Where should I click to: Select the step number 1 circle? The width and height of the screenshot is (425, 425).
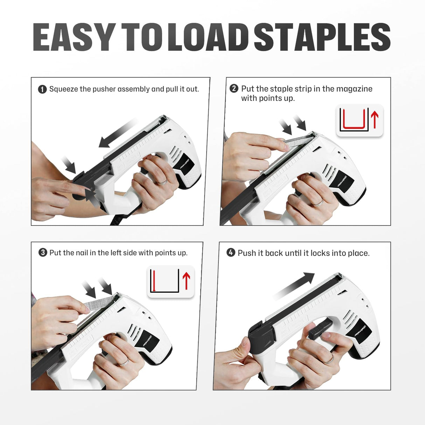(x=42, y=89)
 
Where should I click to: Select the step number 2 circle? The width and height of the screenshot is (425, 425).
(x=234, y=89)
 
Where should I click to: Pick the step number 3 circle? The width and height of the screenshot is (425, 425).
(x=43, y=252)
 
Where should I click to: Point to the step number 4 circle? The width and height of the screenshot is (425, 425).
(x=231, y=252)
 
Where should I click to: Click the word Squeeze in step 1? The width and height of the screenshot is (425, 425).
(x=63, y=89)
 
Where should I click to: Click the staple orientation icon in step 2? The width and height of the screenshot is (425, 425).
(x=360, y=120)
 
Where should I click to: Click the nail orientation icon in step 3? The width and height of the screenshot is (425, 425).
(x=170, y=281)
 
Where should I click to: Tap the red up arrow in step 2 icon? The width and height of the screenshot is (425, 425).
(x=375, y=119)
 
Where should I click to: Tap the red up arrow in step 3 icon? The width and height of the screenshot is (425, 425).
(x=186, y=281)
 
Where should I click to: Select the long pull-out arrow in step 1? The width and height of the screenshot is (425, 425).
(x=117, y=133)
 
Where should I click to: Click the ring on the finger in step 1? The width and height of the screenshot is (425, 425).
(x=161, y=182)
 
